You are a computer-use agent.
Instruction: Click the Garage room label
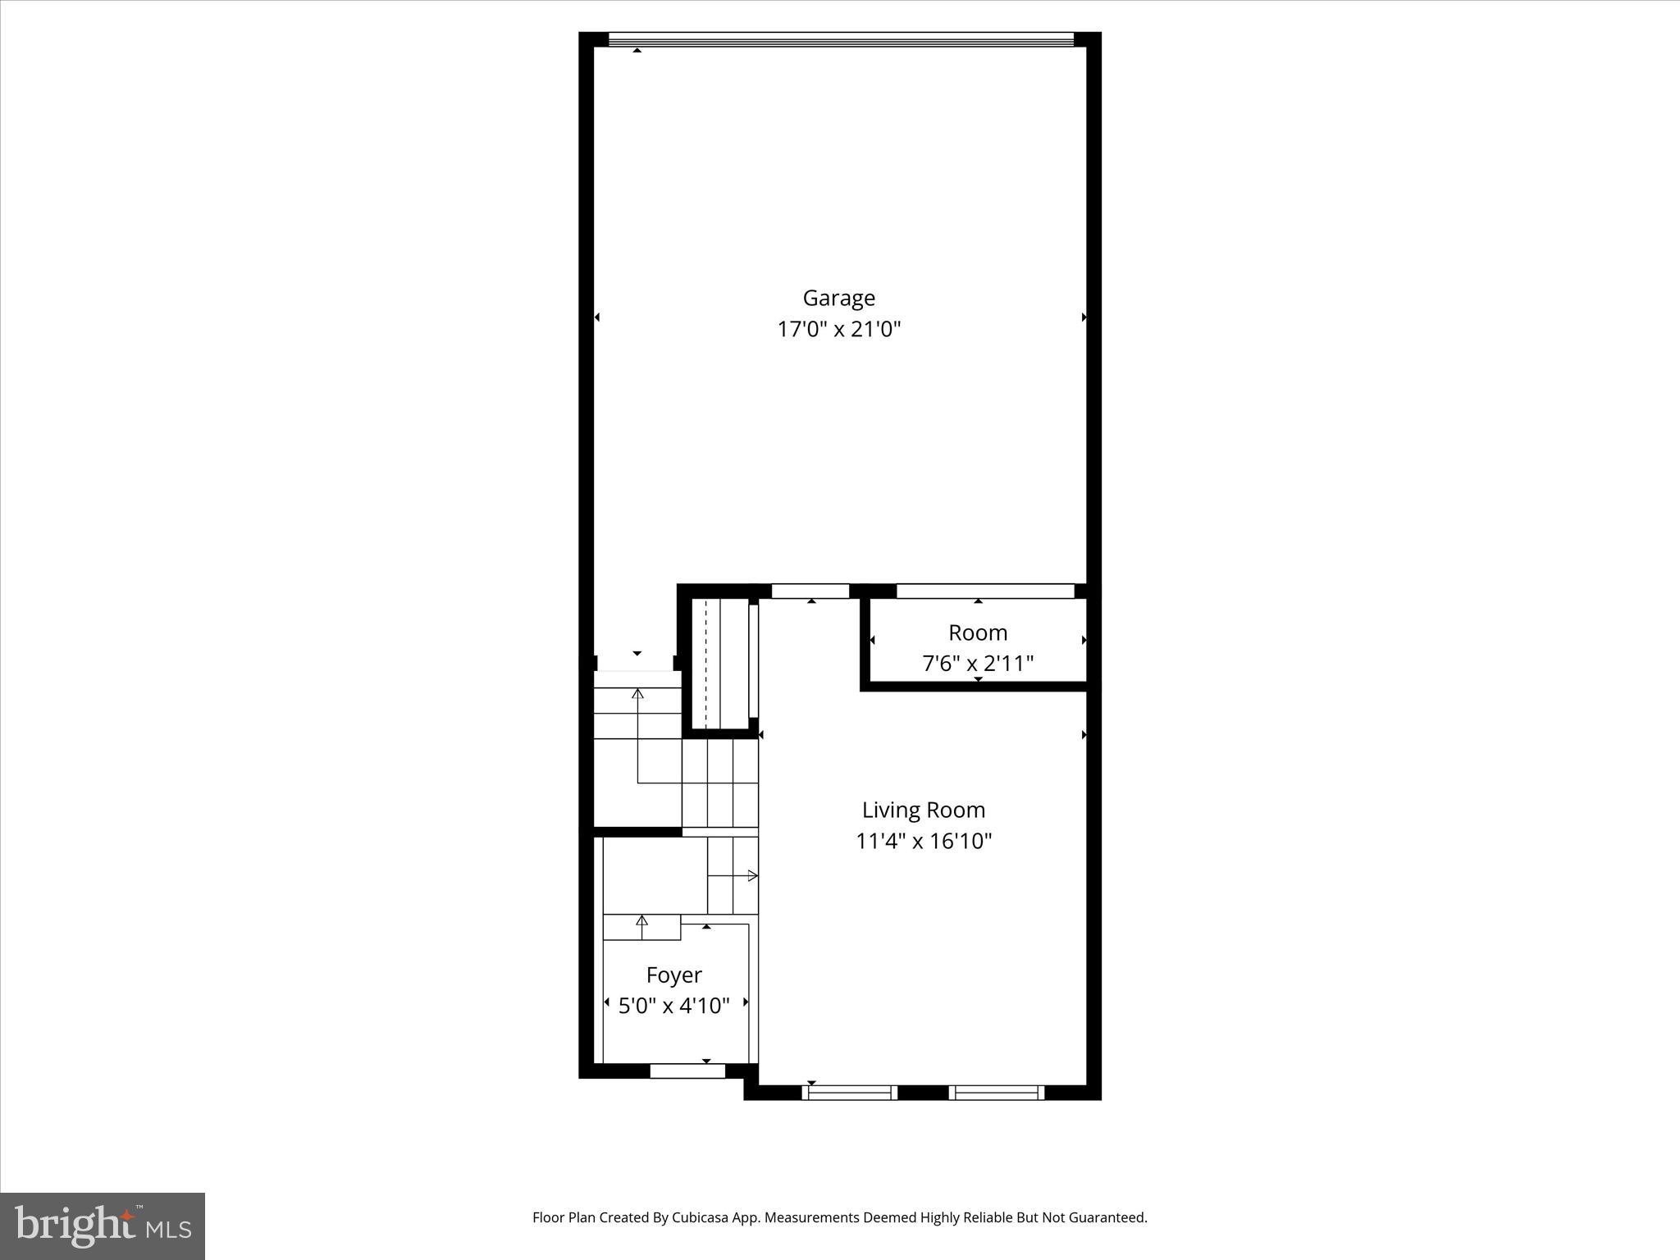pos(838,298)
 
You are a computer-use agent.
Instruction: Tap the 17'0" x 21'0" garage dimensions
pos(838,330)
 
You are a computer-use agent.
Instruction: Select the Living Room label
pos(923,810)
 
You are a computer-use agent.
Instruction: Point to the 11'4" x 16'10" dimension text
pos(924,841)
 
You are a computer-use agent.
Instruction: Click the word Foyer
pos(673,975)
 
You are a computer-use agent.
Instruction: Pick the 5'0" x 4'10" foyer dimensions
pos(673,1006)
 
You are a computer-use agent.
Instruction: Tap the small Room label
pos(977,632)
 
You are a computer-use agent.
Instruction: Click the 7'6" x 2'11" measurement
pos(977,663)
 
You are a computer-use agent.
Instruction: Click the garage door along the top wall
pos(840,39)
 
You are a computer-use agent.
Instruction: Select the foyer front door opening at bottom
pos(687,1071)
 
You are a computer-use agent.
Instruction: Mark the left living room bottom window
pos(849,1092)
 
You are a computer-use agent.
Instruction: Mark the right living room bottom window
pos(997,1092)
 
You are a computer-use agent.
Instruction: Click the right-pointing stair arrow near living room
pos(751,876)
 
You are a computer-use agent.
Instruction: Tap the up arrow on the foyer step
pos(641,921)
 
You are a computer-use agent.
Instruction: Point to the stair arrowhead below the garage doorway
pos(637,694)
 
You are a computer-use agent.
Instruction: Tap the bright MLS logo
pos(103,1226)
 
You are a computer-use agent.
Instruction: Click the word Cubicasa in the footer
pos(700,1217)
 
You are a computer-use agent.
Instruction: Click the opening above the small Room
pos(984,591)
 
